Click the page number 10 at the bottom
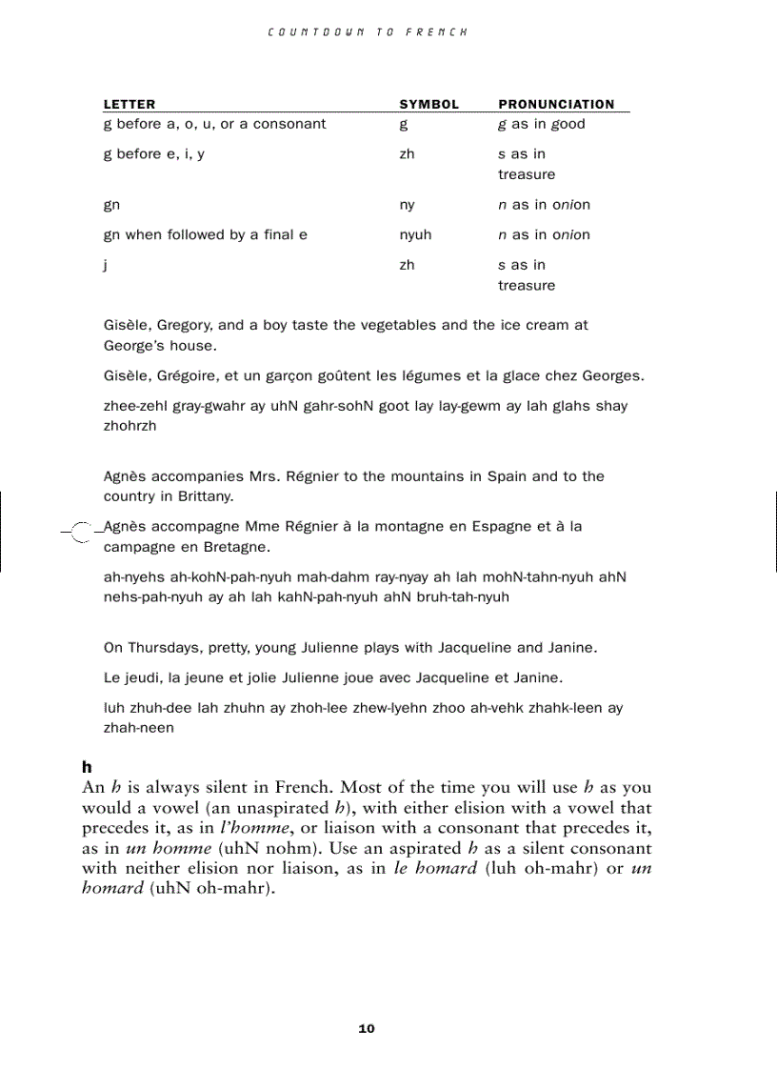pyautogui.click(x=367, y=1028)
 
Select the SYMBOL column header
pyautogui.click(x=428, y=104)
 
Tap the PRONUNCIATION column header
pyautogui.click(x=556, y=104)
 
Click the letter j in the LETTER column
pyautogui.click(x=106, y=266)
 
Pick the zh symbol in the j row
pyautogui.click(x=408, y=265)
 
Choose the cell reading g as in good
pyautogui.click(x=541, y=124)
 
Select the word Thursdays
pyautogui.click(x=160, y=648)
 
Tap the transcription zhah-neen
pyautogui.click(x=139, y=728)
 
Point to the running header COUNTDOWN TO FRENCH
pyautogui.click(x=368, y=31)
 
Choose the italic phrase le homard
pyautogui.click(x=435, y=869)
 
